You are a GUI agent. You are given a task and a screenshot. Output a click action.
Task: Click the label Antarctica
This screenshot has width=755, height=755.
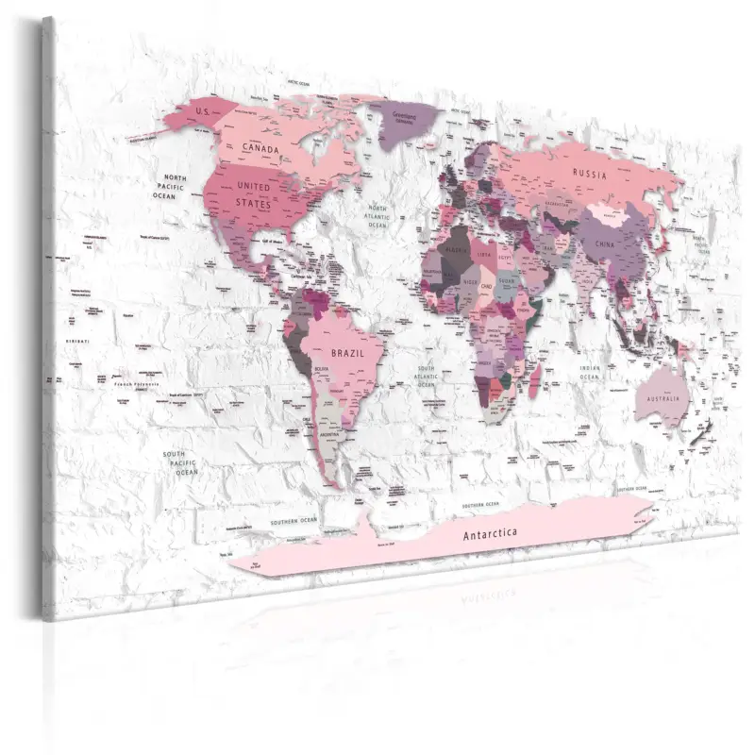[490, 534]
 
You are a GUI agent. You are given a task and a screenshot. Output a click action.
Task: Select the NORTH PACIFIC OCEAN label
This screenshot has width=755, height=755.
[176, 187]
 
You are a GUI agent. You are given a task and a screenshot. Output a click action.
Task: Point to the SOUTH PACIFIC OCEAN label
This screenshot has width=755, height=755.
[179, 462]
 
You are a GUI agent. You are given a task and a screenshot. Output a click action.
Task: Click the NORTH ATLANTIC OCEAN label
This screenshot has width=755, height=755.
[378, 217]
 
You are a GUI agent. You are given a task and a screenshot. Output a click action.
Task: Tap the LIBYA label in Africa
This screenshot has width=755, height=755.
[484, 254]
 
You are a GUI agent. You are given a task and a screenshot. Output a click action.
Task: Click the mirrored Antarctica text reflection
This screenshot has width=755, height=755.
[477, 597]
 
